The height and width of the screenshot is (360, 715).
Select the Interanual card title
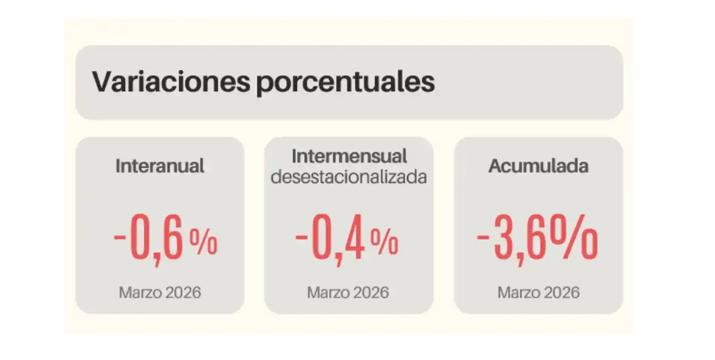click(160, 166)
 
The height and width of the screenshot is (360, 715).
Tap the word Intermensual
click(349, 156)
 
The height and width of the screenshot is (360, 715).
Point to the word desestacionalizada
click(349, 177)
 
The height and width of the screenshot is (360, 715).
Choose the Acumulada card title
click(538, 166)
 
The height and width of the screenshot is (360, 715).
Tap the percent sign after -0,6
click(204, 243)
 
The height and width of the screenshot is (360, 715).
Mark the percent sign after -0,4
click(384, 243)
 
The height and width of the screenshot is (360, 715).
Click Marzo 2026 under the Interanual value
click(160, 292)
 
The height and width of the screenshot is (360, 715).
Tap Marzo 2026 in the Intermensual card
click(348, 292)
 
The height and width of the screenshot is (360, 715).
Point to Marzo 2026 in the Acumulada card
click(538, 292)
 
